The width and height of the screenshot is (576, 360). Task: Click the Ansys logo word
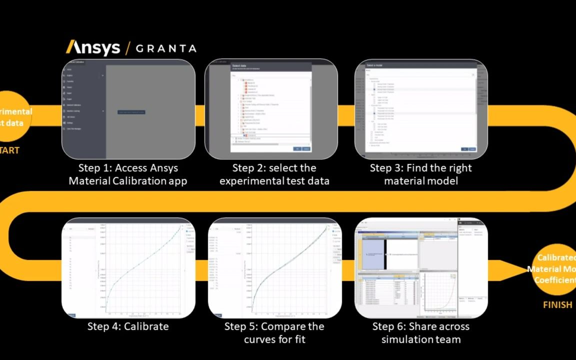[x=93, y=48]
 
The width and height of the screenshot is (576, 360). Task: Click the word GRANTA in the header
[x=166, y=48]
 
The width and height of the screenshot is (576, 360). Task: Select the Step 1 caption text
[x=128, y=174]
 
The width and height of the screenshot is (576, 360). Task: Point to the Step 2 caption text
[x=274, y=174]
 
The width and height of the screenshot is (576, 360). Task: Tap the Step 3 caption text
[x=420, y=174]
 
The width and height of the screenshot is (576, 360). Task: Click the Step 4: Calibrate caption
[x=128, y=326]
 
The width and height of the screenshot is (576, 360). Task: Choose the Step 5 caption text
[x=274, y=333]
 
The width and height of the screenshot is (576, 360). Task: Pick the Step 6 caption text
[x=420, y=333]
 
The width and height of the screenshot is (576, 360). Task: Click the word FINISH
[x=557, y=304]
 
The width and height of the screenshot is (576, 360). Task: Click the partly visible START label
[x=9, y=150]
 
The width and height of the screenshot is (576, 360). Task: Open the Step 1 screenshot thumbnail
[x=128, y=109]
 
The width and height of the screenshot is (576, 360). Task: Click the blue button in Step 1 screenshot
[x=131, y=112]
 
